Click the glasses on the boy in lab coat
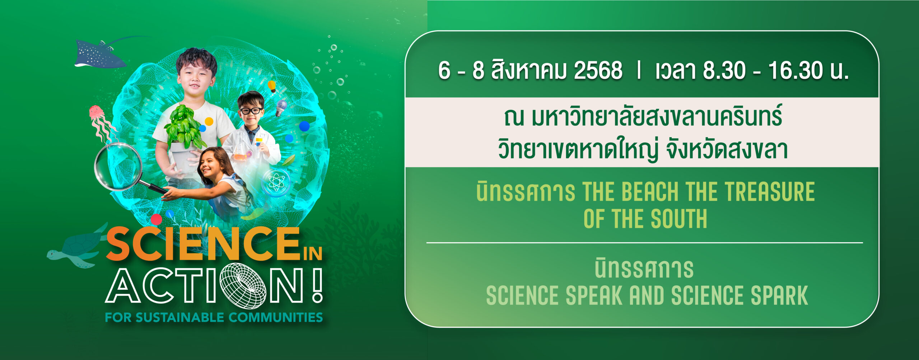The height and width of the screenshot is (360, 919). tap(251, 111)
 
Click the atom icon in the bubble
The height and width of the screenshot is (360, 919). tap(276, 182)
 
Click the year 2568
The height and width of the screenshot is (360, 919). tap(598, 70)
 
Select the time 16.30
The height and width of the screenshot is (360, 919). tap(796, 70)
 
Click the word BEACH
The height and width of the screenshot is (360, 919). tap(650, 192)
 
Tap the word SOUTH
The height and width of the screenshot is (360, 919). tap(678, 219)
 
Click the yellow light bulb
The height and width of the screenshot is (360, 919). tap(272, 86)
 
